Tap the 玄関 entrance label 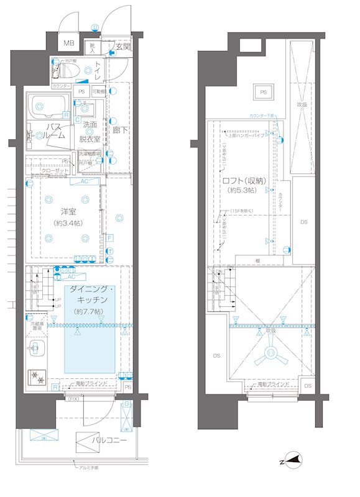(x=122, y=47)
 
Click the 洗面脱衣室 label (x=91, y=131)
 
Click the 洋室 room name (x=68, y=211)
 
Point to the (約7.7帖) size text (x=88, y=311)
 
